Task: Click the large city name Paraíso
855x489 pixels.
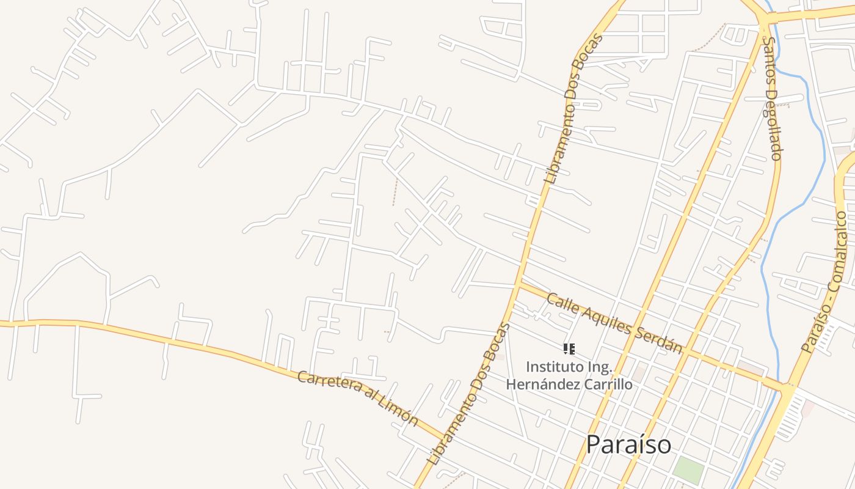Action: coord(628,444)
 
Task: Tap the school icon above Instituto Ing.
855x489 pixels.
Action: coord(569,349)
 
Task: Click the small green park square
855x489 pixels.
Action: coord(688,469)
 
